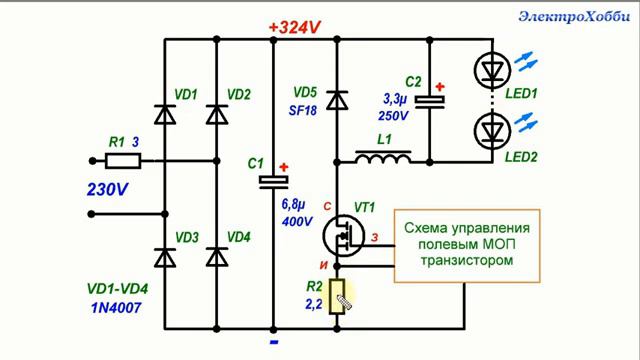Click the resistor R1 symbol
pyautogui.click(x=123, y=160)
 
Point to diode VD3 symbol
pyautogui.click(x=163, y=256)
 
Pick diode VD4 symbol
pyautogui.click(x=216, y=256)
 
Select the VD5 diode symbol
pyautogui.click(x=337, y=98)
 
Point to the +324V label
pyautogui.click(x=293, y=27)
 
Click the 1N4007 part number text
pyautogui.click(x=113, y=308)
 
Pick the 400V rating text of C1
pyautogui.click(x=298, y=222)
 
